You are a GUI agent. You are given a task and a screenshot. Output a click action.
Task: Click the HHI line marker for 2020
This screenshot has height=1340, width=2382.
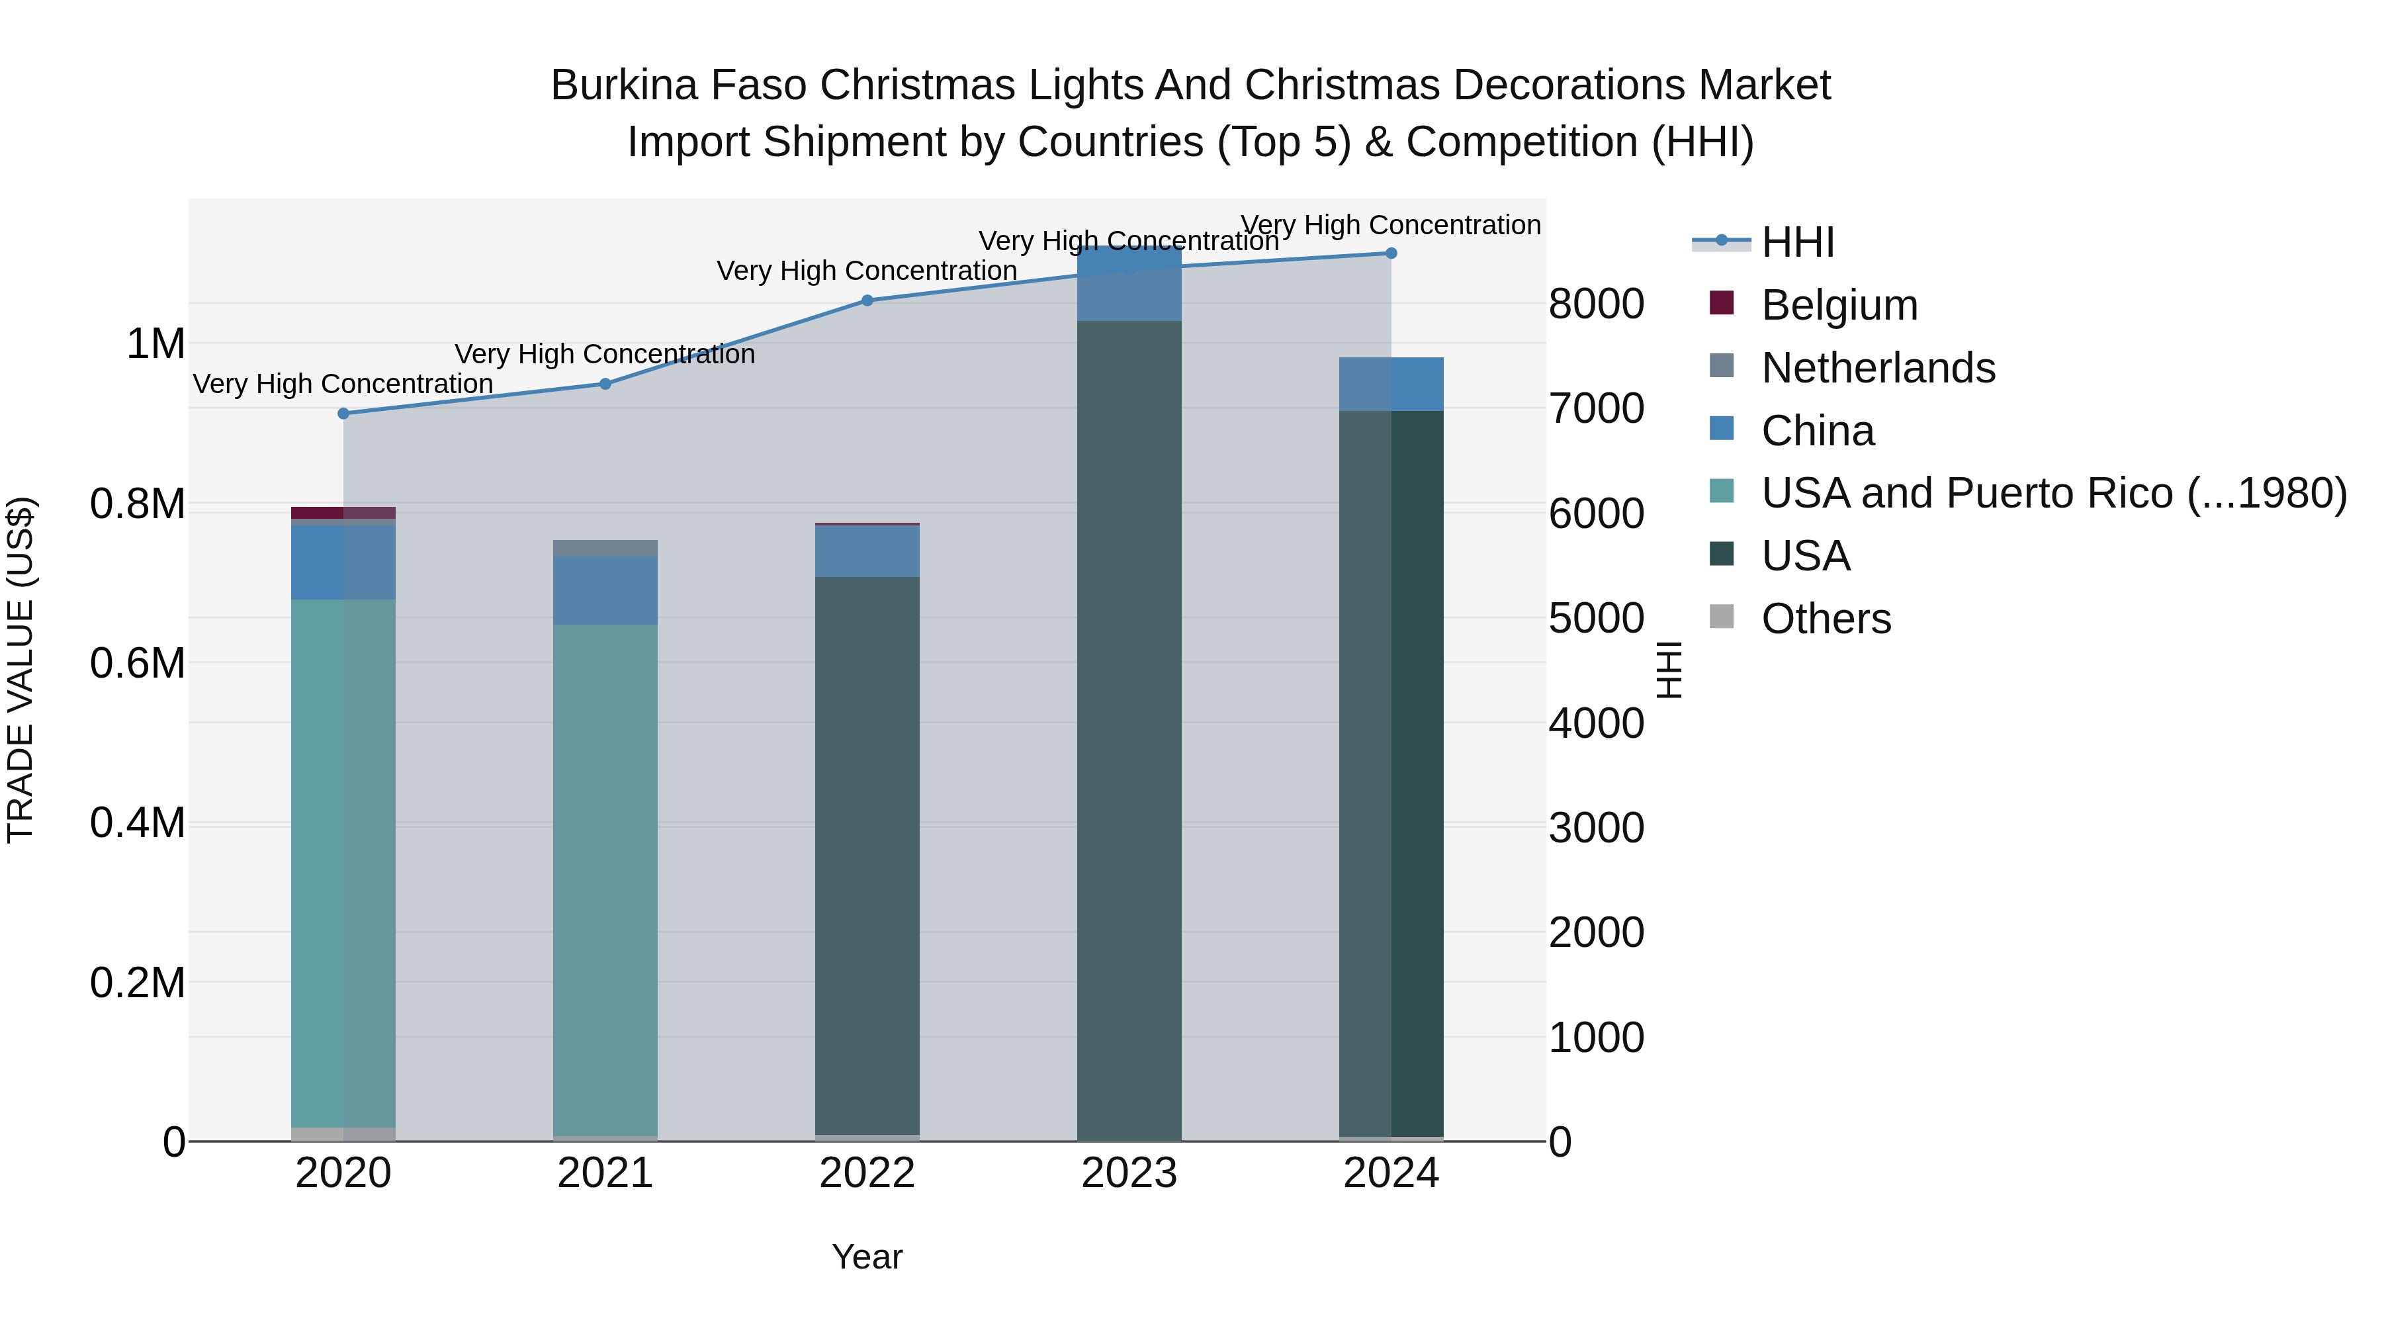click(343, 414)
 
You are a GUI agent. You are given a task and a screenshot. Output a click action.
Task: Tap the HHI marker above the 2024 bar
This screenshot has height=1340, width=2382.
click(1391, 253)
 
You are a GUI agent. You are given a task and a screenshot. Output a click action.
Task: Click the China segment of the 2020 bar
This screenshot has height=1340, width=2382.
click(343, 562)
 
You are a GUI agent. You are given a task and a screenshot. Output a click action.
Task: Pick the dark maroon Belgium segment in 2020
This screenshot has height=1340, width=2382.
click(343, 512)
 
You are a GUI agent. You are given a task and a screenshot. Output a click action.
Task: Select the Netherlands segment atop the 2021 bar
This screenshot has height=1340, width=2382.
click(605, 547)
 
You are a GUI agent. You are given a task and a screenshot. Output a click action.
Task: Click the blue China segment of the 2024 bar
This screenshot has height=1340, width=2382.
click(1391, 384)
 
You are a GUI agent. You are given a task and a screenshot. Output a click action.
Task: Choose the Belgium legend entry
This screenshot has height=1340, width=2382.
click(1838, 305)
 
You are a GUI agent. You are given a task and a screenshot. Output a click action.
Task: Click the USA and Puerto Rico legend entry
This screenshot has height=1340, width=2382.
click(2052, 493)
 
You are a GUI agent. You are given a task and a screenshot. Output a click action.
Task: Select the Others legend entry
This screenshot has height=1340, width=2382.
click(1826, 619)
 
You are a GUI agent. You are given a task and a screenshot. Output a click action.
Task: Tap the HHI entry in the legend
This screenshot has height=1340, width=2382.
click(1796, 242)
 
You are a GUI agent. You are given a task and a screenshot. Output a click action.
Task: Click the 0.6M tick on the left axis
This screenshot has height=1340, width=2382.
click(138, 664)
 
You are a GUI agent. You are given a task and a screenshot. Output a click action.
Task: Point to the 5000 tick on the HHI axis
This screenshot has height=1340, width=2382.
click(1596, 618)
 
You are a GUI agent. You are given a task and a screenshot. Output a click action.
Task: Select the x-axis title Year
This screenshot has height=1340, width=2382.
click(866, 1257)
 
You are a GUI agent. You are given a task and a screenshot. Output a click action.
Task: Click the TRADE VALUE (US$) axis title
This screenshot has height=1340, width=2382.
click(21, 670)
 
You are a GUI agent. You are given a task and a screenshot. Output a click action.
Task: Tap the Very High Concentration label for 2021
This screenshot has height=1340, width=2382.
click(605, 354)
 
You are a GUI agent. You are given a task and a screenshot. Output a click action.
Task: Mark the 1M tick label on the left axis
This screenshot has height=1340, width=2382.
click(155, 344)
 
